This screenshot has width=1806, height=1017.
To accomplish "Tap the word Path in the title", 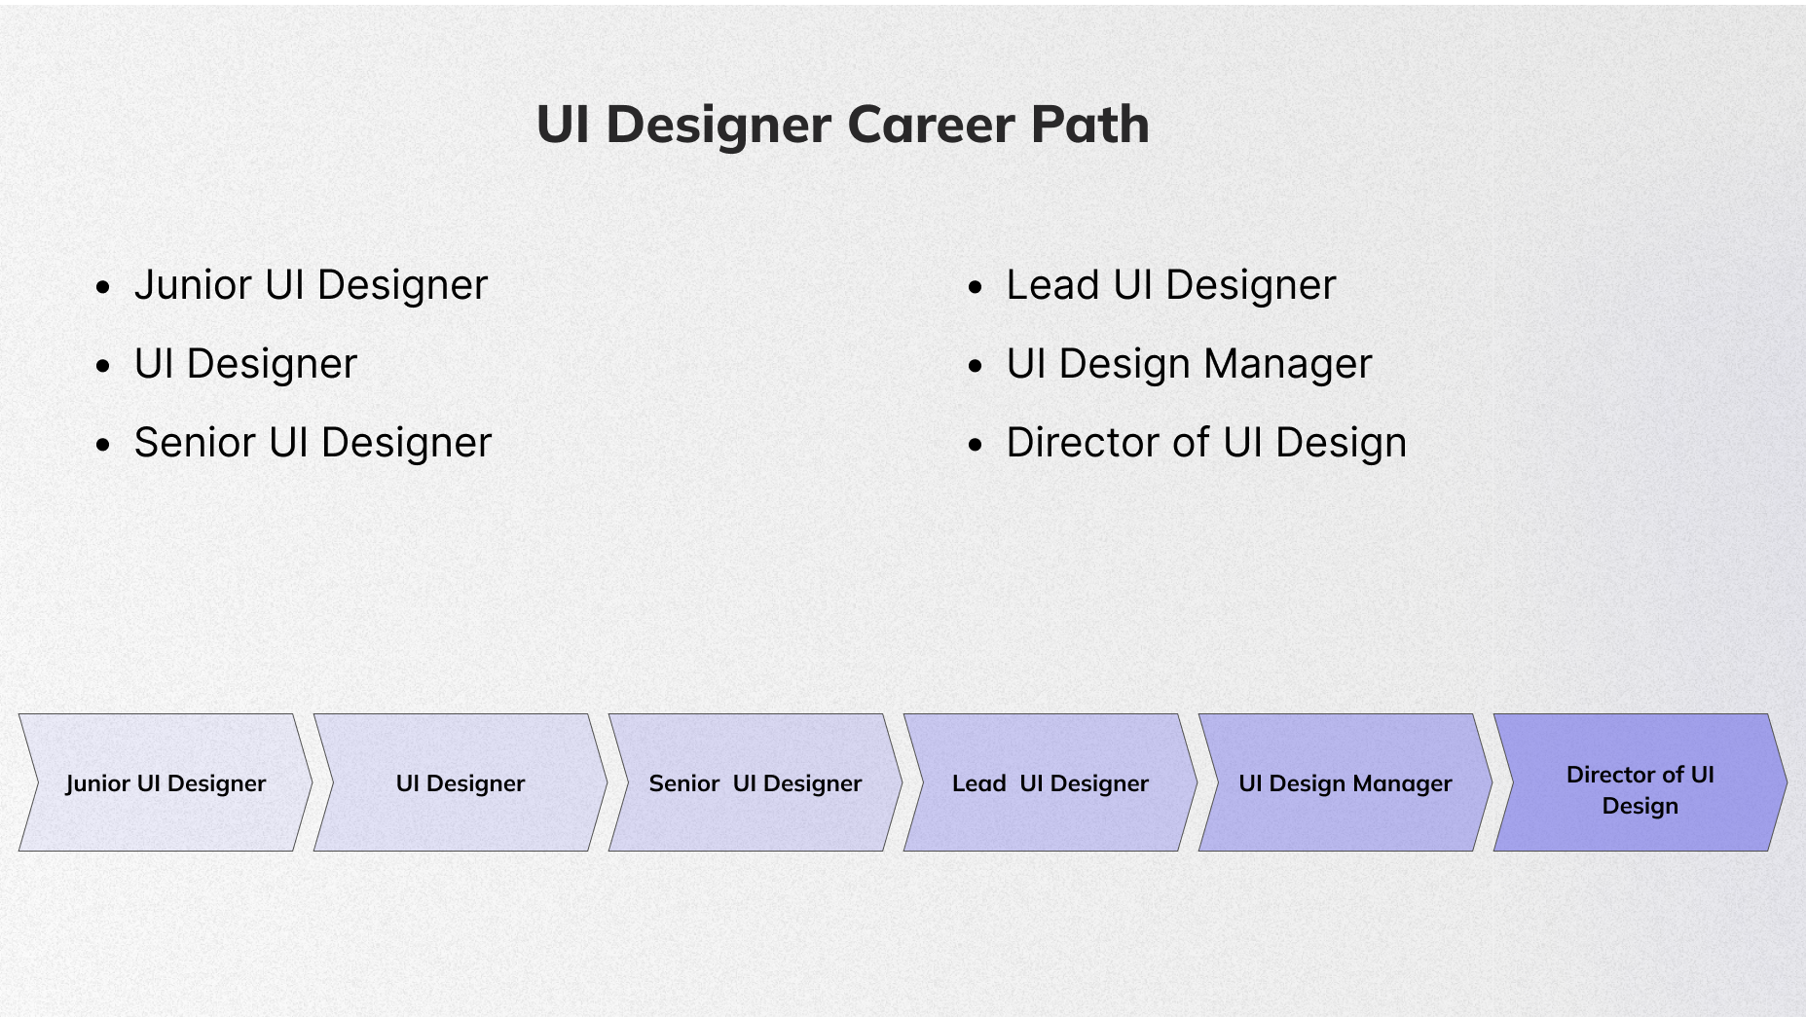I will [1089, 125].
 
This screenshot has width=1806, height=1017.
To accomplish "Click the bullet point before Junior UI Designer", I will [103, 287].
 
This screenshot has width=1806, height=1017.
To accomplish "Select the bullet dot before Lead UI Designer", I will [976, 287].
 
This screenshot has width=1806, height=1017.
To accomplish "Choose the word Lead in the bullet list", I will [1052, 285].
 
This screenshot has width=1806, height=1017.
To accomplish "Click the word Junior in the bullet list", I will [193, 285].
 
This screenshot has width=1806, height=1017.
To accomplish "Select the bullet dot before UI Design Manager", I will [976, 366].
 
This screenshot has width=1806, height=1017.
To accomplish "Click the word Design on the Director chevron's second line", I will [1640, 806].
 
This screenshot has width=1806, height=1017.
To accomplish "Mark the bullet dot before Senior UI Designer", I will [103, 445].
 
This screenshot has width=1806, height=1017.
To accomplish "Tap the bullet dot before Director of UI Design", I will [976, 445].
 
